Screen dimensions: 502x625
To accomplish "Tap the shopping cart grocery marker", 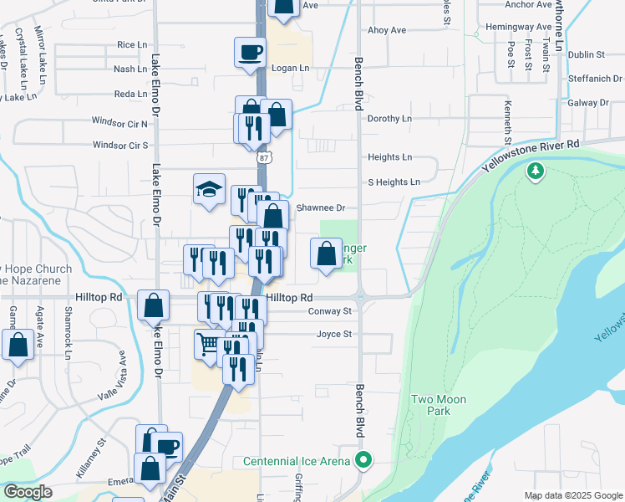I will pos(209,343).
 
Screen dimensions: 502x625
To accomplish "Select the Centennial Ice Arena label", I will pos(297,461).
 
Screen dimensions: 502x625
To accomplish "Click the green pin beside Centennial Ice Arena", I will pos(363,459).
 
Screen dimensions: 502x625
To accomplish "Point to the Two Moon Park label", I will pos(439,406).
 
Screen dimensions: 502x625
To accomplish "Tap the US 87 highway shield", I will pos(264,156).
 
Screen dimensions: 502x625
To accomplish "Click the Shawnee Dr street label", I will pos(323,207).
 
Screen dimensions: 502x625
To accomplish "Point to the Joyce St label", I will pos(334,335).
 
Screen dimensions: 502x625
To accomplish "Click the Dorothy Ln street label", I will pos(389,119).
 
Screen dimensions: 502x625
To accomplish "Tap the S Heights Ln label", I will pos(394,182).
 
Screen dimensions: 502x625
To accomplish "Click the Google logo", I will pos(28,492).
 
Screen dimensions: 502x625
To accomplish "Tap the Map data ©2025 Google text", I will pos(572,495).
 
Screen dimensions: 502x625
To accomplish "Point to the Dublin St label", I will pos(586,54).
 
